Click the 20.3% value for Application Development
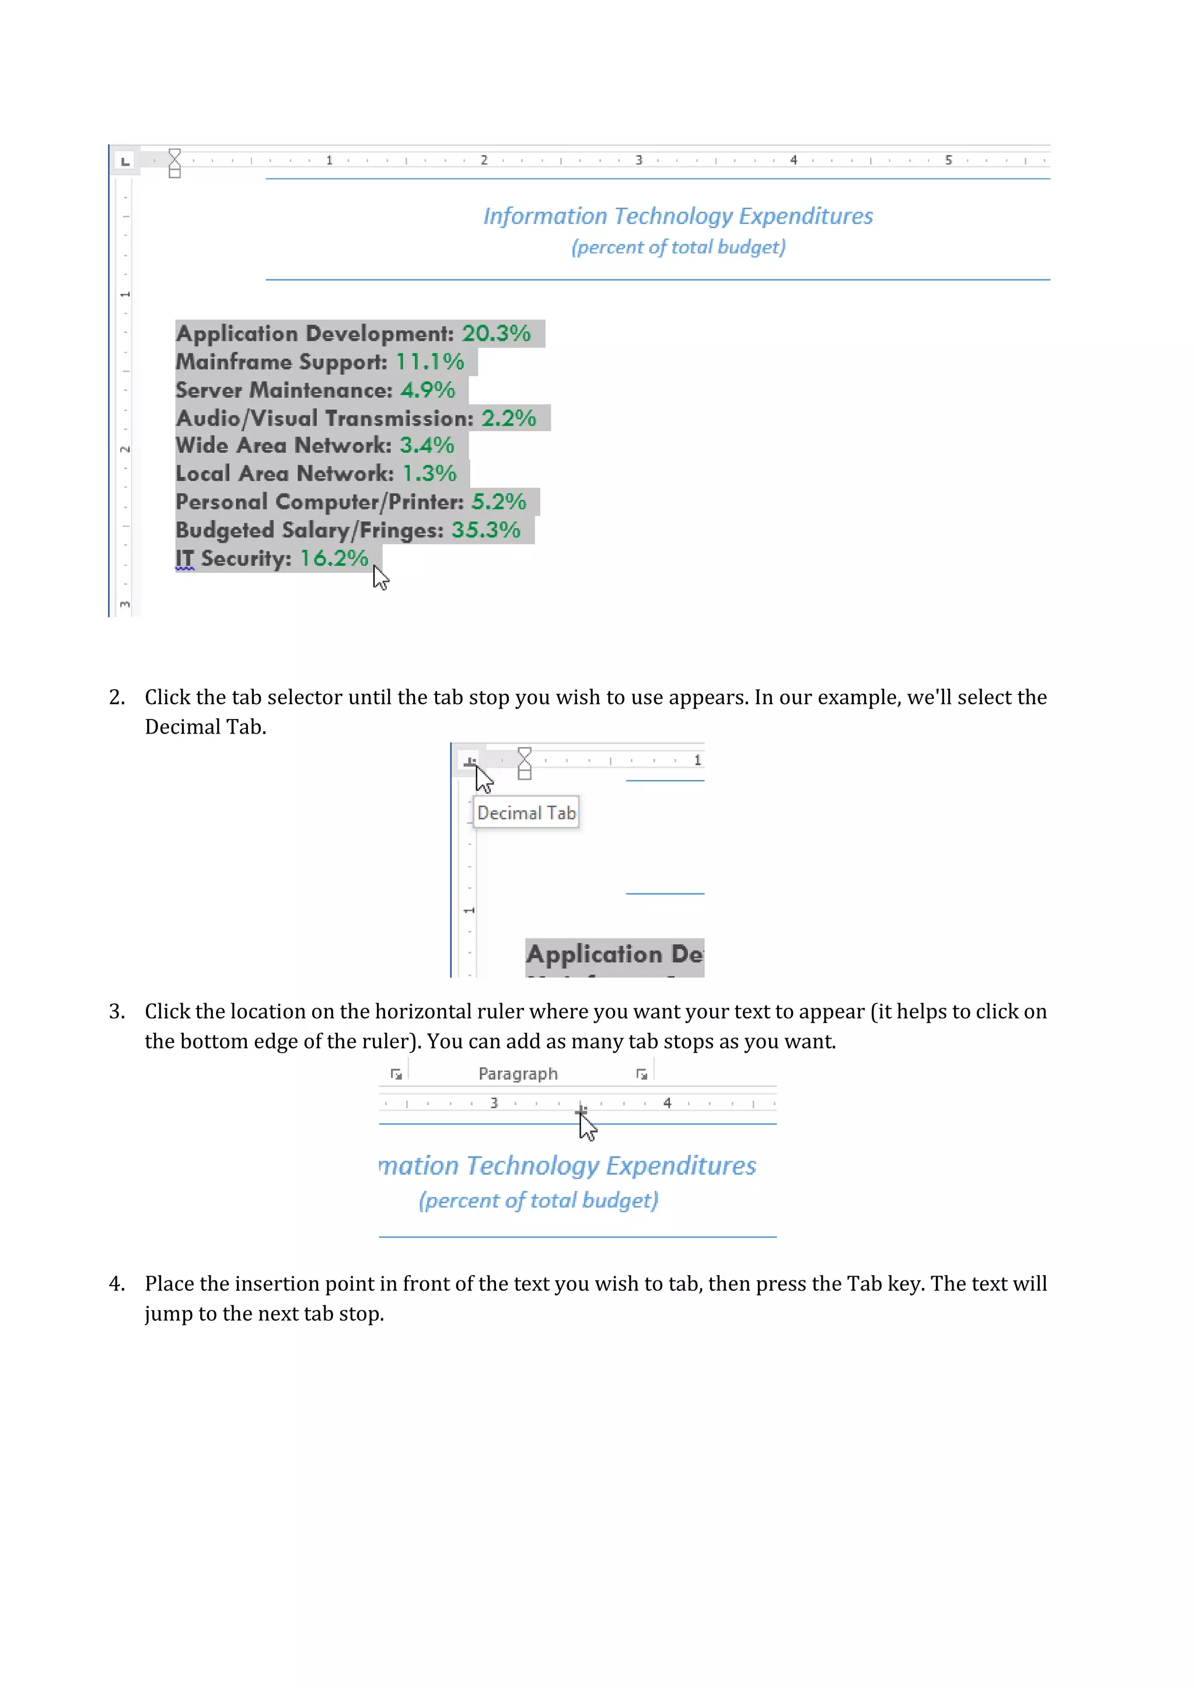(x=495, y=333)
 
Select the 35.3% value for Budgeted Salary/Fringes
(x=485, y=530)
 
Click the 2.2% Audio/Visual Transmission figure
(x=508, y=418)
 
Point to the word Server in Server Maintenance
(x=208, y=390)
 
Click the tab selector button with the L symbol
(x=124, y=160)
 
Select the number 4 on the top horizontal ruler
(x=793, y=160)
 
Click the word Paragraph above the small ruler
(x=518, y=1074)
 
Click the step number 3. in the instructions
(x=116, y=1011)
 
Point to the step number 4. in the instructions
(x=116, y=1284)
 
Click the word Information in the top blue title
(x=544, y=217)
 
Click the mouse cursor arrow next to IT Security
(x=380, y=577)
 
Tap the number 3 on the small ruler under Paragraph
(x=494, y=1102)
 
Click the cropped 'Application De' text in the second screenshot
(x=614, y=954)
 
